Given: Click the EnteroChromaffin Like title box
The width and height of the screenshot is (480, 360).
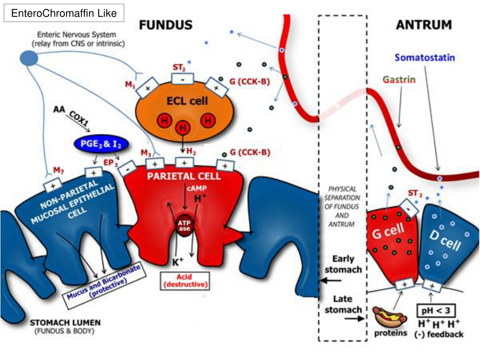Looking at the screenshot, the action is (64, 13).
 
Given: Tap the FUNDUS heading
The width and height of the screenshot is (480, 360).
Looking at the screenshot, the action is (165, 25).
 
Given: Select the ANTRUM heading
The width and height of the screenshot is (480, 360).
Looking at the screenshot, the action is (424, 24).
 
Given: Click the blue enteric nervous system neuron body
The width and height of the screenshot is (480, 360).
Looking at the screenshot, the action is (29, 58).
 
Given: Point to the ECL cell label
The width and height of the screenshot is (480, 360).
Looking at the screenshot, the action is (187, 101).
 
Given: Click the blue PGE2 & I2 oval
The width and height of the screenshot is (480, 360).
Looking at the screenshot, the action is (101, 144).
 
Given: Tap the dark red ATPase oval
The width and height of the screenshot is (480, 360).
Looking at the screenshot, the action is (185, 225).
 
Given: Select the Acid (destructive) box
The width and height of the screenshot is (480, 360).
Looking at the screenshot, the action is (185, 281).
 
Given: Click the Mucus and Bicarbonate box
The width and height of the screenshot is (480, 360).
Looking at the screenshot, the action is (104, 285).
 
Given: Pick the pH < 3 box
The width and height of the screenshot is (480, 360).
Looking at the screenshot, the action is (436, 311).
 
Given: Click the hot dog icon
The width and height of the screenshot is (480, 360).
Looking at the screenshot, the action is (390, 317).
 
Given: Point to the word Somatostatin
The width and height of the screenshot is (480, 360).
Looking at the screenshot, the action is (425, 58).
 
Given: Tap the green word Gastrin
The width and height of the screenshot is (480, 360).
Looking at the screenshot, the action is (399, 80).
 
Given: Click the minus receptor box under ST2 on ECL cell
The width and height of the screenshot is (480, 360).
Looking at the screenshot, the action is (182, 79).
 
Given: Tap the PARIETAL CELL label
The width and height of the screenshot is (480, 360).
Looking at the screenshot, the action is (184, 176).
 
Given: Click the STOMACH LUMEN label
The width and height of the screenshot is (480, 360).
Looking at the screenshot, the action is (65, 322).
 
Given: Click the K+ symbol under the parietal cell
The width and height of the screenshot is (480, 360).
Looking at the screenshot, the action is (178, 262).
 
